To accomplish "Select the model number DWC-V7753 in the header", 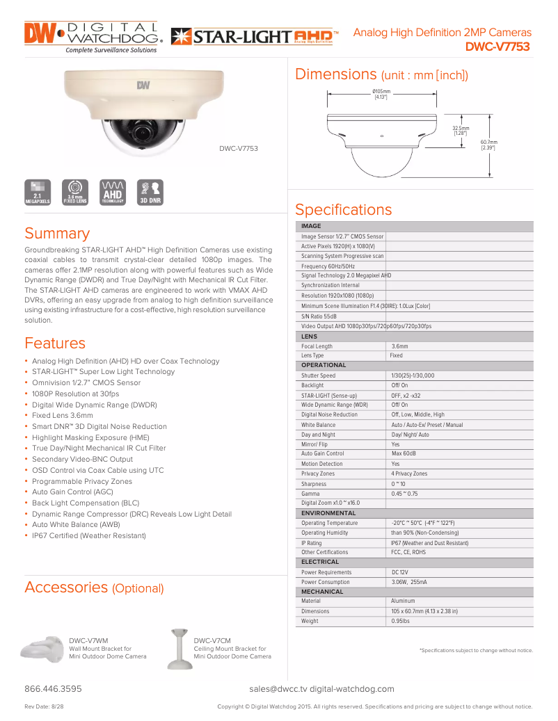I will click(x=497, y=47).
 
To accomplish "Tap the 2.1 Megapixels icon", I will click(x=37, y=191).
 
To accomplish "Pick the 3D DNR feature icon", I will click(x=150, y=191).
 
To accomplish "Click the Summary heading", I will click(x=57, y=234).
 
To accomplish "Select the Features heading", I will click(x=55, y=343).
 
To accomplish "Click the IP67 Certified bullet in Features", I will click(x=88, y=536).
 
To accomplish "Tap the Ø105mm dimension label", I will click(x=381, y=95).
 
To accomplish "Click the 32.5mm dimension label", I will click(x=460, y=130).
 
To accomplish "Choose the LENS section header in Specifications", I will click(x=309, y=337).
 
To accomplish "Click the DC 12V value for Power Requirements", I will click(x=399, y=572).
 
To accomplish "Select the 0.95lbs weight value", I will click(x=401, y=621).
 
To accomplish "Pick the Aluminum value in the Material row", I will click(x=403, y=601).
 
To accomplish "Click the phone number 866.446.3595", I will click(x=53, y=689).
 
